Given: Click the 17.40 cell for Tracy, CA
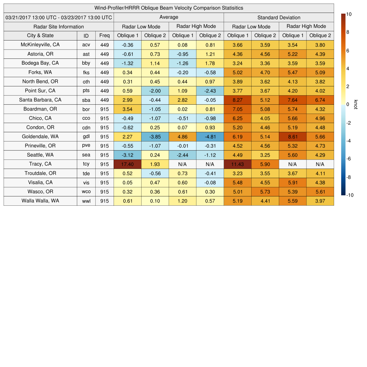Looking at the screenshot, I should pyautogui.click(x=127, y=164).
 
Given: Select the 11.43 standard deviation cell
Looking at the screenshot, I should pyautogui.click(x=237, y=164).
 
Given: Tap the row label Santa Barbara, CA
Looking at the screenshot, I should pyautogui.click(x=40, y=100).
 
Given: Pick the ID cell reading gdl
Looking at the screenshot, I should pyautogui.click(x=86, y=137).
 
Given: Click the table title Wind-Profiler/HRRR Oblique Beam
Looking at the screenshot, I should pyautogui.click(x=168, y=8).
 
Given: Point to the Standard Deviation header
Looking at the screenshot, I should pyautogui.click(x=279, y=18).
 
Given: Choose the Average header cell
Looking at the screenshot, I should pyautogui.click(x=168, y=17).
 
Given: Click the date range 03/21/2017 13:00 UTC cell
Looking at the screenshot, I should pyautogui.click(x=59, y=18).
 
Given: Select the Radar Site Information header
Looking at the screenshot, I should pyautogui.click(x=59, y=27).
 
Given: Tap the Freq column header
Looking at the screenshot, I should pyautogui.click(x=104, y=35).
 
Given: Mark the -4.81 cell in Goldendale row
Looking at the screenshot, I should pyautogui.click(x=210, y=137).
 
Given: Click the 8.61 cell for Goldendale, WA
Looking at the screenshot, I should pyautogui.click(x=292, y=137).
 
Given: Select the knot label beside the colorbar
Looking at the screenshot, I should pyautogui.click(x=356, y=104).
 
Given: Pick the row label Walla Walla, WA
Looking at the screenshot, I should pyautogui.click(x=40, y=201).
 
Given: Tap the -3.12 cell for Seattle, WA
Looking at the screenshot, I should pyautogui.click(x=127, y=155).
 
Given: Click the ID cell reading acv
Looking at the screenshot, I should pyautogui.click(x=86, y=45).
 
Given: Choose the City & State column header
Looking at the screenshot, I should pyautogui.click(x=40, y=35).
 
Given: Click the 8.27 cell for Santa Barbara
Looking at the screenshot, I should pyautogui.click(x=237, y=100).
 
